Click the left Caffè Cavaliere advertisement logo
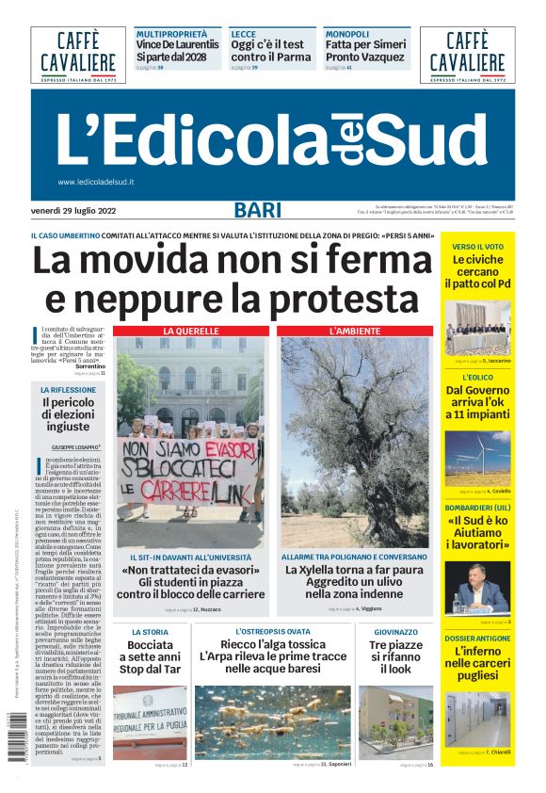coord(78,55)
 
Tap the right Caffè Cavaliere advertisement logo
coord(468,55)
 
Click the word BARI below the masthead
coord(257,210)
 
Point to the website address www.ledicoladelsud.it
coord(96,182)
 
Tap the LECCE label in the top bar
coord(244,33)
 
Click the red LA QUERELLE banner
coord(191,332)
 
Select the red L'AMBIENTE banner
coord(355,332)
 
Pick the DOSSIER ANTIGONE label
coord(477,639)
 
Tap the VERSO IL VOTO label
coord(477,247)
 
